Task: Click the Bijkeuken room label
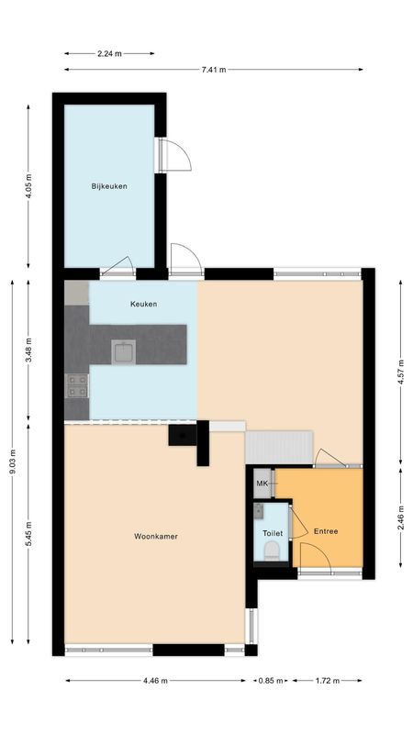(x=108, y=186)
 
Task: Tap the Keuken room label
(x=143, y=304)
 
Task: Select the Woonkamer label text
(x=155, y=536)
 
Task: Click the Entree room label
(x=326, y=531)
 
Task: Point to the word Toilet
(x=273, y=532)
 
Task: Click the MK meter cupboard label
(x=262, y=483)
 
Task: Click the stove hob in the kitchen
(x=76, y=386)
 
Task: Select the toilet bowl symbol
(x=271, y=550)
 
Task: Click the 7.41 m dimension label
(x=214, y=69)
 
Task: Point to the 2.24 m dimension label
(x=109, y=52)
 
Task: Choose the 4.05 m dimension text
(x=28, y=187)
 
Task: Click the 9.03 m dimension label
(x=12, y=466)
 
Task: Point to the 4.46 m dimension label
(x=155, y=681)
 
